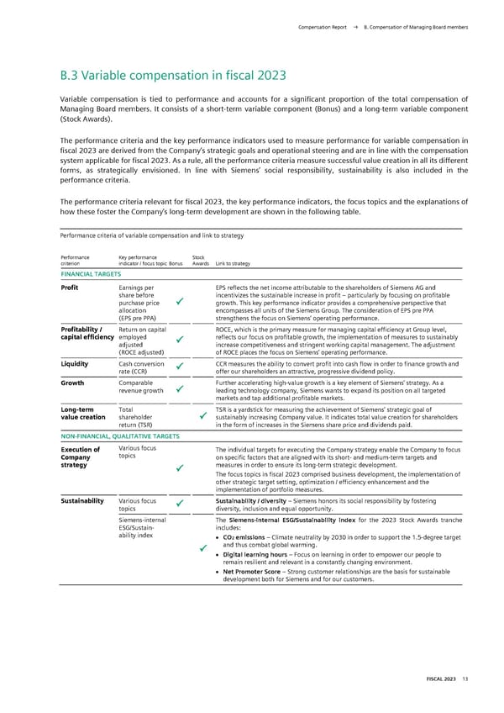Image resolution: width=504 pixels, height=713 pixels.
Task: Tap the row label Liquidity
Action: [76, 364]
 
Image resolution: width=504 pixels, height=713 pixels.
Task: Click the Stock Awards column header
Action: [200, 261]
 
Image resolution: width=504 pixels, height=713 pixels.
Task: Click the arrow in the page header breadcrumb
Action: [355, 28]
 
